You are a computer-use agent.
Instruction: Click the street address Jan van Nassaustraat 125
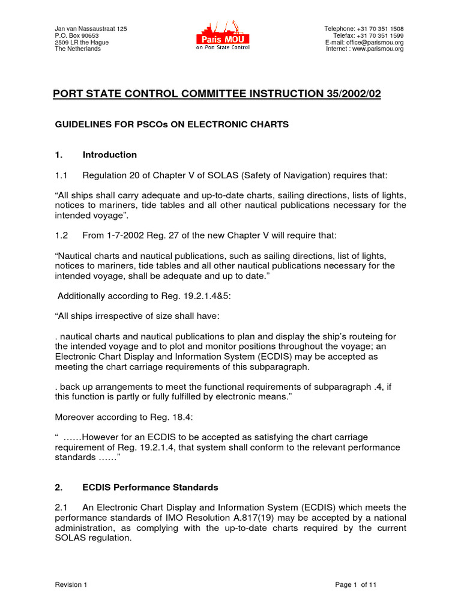[x=91, y=29]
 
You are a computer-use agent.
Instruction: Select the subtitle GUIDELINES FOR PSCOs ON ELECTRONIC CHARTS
[x=172, y=124]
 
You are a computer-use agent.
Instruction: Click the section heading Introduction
[x=109, y=154]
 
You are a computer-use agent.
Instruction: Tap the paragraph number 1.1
[x=61, y=175]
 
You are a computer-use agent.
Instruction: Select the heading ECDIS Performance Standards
[x=150, y=487]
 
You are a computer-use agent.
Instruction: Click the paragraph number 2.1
[x=61, y=507]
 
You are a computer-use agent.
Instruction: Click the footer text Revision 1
[x=71, y=584]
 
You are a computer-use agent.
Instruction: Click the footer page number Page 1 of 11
[x=356, y=584]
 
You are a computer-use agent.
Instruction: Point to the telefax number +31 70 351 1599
[x=380, y=35]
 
